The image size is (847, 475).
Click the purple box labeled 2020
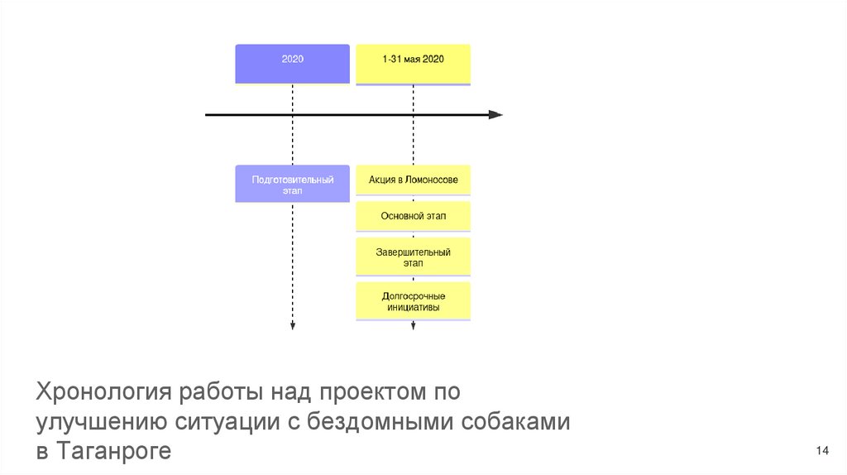coord(292,63)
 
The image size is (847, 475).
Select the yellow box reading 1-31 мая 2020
coord(413,63)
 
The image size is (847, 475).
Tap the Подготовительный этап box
coord(292,184)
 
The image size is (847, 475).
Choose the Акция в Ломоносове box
coord(413,180)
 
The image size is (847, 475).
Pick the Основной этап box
coord(413,216)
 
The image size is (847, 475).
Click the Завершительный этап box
coord(413,257)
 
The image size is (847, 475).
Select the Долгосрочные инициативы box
coord(413,301)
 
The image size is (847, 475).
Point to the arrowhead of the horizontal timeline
coord(495,114)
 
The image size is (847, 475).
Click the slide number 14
coord(821,450)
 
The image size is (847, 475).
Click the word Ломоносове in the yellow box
coord(432,180)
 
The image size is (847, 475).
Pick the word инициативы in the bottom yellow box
coord(413,307)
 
